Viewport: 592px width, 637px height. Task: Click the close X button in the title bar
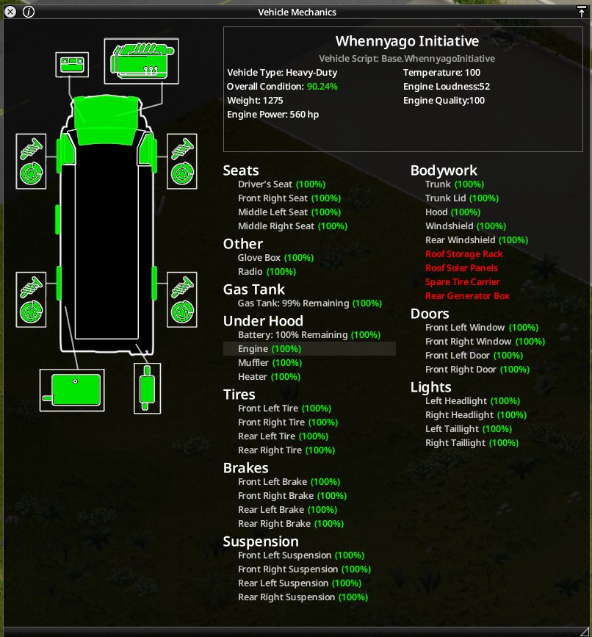pyautogui.click(x=10, y=12)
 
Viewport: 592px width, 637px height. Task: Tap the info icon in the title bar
pyautogui.click(x=29, y=12)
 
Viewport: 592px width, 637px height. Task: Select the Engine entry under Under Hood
pyautogui.click(x=270, y=348)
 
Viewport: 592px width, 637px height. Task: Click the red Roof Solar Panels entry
pyautogui.click(x=461, y=267)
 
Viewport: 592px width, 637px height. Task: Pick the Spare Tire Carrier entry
pyautogui.click(x=463, y=282)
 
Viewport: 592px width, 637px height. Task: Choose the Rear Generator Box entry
pyautogui.click(x=467, y=296)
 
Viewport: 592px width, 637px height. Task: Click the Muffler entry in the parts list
pyautogui.click(x=270, y=363)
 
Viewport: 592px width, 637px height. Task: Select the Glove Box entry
pyautogui.click(x=275, y=258)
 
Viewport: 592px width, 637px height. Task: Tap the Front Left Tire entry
pyautogui.click(x=285, y=409)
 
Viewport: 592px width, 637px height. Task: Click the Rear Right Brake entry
pyautogui.click(x=291, y=524)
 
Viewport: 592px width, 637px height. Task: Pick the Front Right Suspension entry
pyautogui.click(x=305, y=569)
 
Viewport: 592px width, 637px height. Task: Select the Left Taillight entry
pyautogui.click(x=469, y=429)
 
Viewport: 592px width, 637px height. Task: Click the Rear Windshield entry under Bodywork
pyautogui.click(x=477, y=240)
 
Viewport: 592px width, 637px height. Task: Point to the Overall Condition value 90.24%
pyautogui.click(x=322, y=87)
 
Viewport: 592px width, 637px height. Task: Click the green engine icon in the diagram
pyautogui.click(x=141, y=61)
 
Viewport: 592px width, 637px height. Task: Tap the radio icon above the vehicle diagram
pyautogui.click(x=72, y=65)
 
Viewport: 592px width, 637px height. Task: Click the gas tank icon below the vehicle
pyautogui.click(x=72, y=390)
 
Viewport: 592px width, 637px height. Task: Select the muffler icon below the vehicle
pyautogui.click(x=147, y=388)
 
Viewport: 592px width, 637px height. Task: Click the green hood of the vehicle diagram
pyautogui.click(x=107, y=120)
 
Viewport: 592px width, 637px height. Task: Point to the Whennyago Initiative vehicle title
pyautogui.click(x=407, y=41)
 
